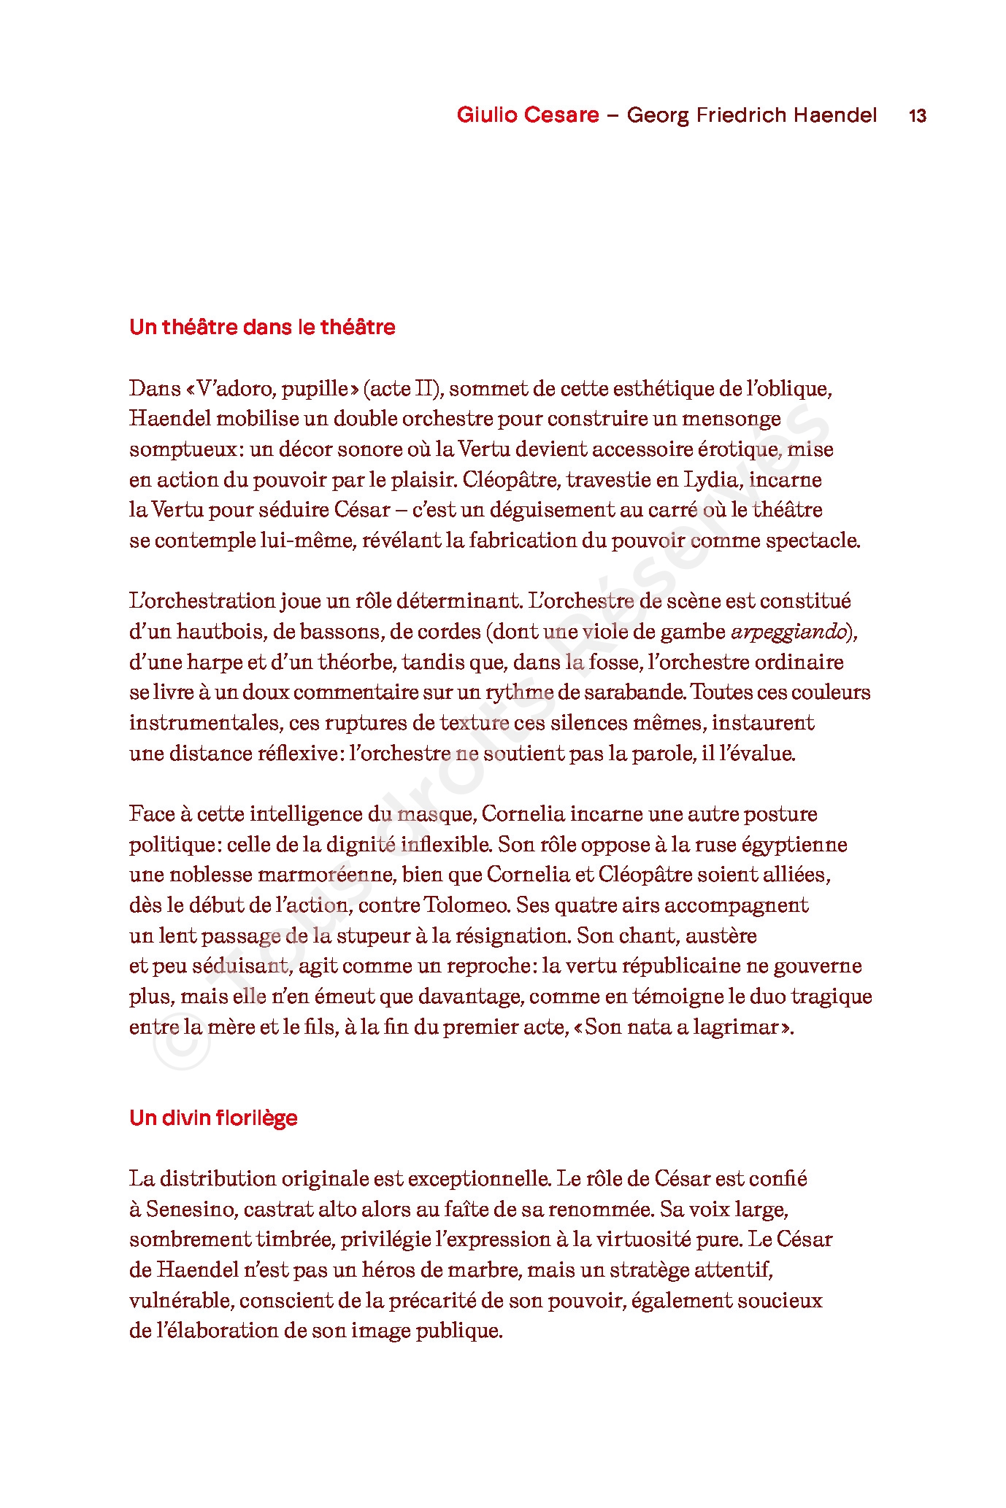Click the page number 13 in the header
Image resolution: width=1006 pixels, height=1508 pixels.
pyautogui.click(x=917, y=115)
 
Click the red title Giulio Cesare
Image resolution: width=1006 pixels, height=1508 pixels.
pyautogui.click(x=527, y=115)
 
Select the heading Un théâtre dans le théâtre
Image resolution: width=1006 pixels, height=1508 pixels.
pyautogui.click(x=262, y=327)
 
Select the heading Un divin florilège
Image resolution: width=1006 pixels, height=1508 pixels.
pyautogui.click(x=213, y=1118)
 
